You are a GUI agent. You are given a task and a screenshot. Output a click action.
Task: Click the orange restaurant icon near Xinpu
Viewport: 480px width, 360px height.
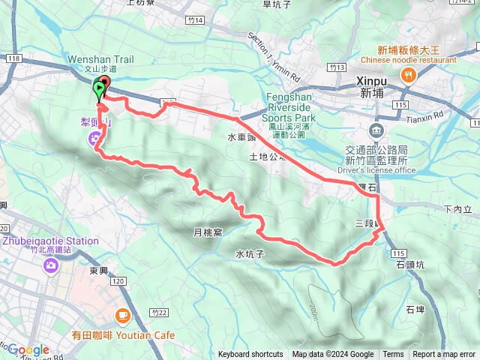(409, 74)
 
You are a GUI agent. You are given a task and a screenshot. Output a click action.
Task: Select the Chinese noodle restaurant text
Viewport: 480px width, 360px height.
(408, 60)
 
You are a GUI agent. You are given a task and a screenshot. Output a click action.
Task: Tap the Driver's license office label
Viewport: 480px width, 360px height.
(376, 170)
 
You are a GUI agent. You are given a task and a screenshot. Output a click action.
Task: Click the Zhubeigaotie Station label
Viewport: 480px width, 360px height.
(50, 241)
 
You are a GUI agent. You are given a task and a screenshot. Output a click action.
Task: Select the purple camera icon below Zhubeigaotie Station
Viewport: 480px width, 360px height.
(50, 265)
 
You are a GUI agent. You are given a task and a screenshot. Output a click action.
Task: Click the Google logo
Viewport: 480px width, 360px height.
(28, 349)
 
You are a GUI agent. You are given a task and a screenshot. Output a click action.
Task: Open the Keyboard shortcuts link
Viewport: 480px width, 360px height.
(250, 355)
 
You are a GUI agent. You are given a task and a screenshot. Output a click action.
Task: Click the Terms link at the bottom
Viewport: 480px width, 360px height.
(393, 355)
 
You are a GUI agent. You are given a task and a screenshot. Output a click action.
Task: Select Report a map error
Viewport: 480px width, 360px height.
(444, 355)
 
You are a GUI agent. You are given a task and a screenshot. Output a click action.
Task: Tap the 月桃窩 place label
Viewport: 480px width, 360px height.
(208, 232)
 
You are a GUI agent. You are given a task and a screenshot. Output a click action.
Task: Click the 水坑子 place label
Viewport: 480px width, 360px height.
(250, 253)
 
